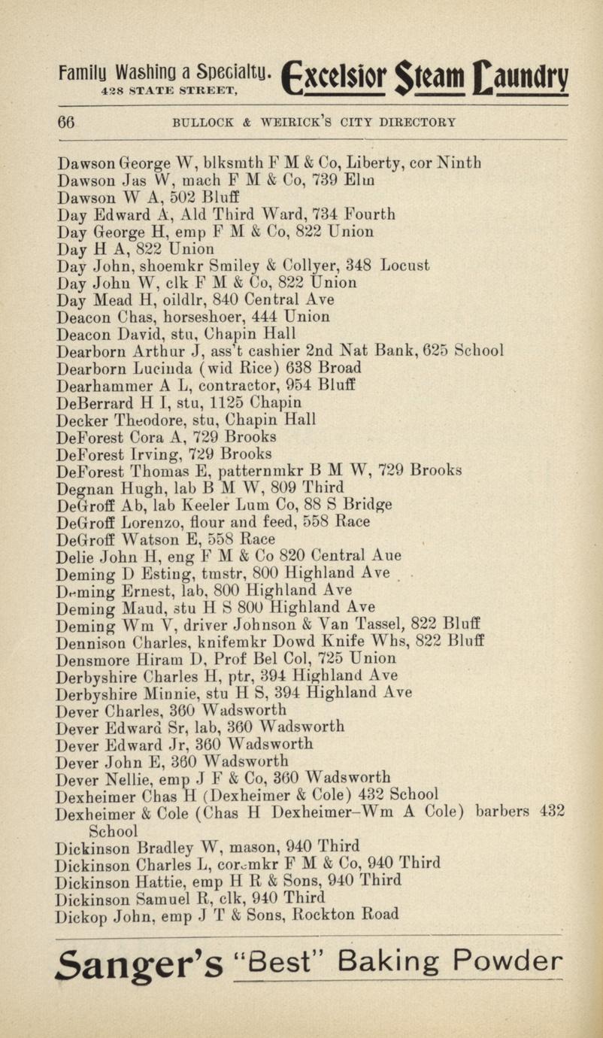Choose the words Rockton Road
[x=346, y=915]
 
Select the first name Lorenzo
[x=143, y=523]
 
